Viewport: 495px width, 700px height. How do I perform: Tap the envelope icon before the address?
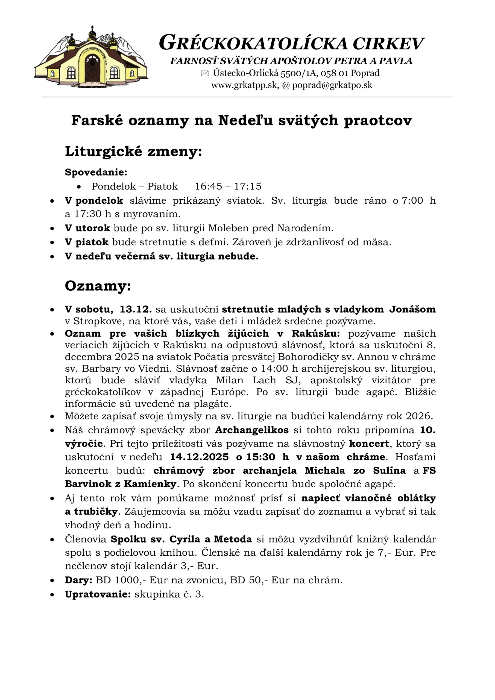coord(205,74)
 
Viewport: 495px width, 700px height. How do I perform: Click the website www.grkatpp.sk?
coord(244,85)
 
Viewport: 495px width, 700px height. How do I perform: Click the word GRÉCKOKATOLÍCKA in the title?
coord(253,43)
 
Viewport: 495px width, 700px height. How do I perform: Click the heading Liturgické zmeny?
coord(133,151)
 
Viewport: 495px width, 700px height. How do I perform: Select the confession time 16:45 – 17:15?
coord(228,186)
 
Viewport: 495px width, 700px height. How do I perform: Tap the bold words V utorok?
coord(87,228)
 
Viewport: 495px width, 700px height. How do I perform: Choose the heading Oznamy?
coord(98,286)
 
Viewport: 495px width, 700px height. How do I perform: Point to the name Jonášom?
coord(412,309)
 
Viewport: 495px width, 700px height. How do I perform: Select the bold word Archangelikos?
coord(252,430)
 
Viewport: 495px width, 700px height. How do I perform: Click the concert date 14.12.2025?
coord(199,457)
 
